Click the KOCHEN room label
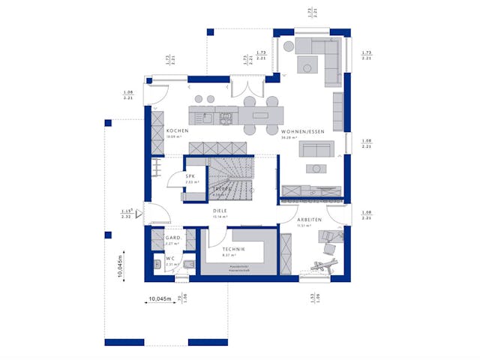(x=177, y=130)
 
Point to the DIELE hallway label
(x=220, y=211)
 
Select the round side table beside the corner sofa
(x=307, y=69)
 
